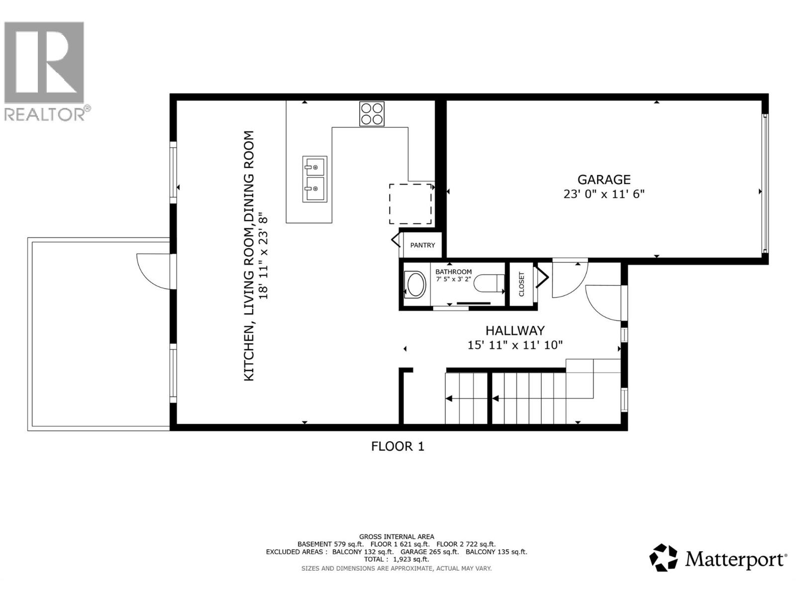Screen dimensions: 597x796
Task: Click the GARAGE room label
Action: point(603,180)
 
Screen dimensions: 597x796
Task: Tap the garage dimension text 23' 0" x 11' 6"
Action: point(603,194)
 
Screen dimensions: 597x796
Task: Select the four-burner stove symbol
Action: point(372,114)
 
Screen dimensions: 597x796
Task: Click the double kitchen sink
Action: point(314,179)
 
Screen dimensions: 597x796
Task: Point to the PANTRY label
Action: point(422,245)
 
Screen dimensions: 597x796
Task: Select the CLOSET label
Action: point(521,284)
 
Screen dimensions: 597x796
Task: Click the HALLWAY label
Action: point(515,330)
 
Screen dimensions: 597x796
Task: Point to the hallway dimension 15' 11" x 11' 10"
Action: point(515,345)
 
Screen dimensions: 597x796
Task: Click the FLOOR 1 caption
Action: point(398,446)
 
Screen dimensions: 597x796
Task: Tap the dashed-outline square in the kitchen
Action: point(410,204)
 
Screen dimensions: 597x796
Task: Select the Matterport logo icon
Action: point(664,558)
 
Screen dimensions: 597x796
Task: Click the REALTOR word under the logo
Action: point(45,114)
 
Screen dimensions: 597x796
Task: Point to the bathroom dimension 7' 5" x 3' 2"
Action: point(453,279)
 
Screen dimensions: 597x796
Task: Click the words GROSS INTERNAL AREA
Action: point(397,536)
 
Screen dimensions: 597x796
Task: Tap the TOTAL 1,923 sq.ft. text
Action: point(397,559)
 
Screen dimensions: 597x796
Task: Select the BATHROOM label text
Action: point(453,272)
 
